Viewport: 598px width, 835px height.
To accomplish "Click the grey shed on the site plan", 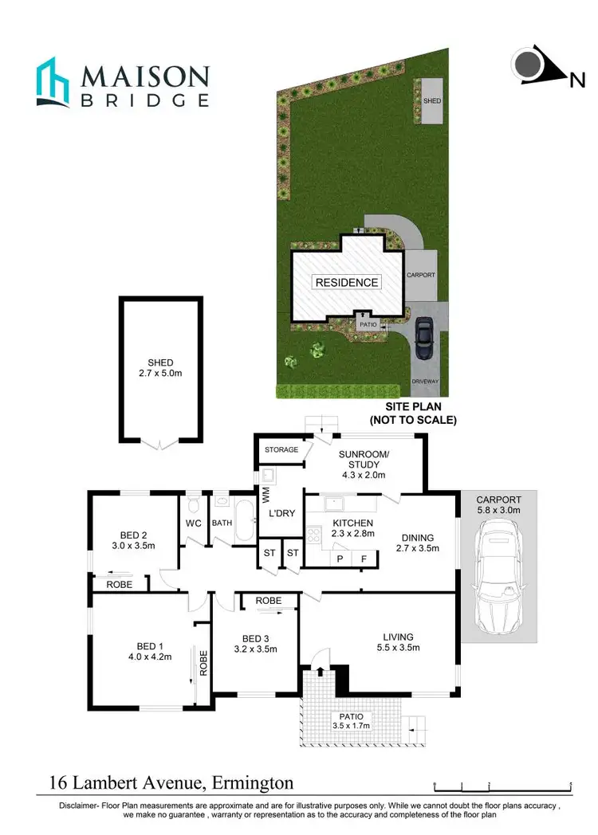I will pos(431,101).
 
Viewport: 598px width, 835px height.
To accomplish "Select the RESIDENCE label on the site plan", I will pos(346,282).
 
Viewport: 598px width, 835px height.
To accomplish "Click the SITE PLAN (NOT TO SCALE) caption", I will pos(412,414).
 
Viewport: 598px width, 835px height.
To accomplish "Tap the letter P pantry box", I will pos(340,559).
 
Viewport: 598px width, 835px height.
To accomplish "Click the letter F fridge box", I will pos(364,559).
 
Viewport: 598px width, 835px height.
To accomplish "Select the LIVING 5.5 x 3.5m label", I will pos(398,641).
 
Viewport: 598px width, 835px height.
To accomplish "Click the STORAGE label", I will pos(282,450).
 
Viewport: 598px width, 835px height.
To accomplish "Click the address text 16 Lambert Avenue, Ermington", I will pos(171,783).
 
